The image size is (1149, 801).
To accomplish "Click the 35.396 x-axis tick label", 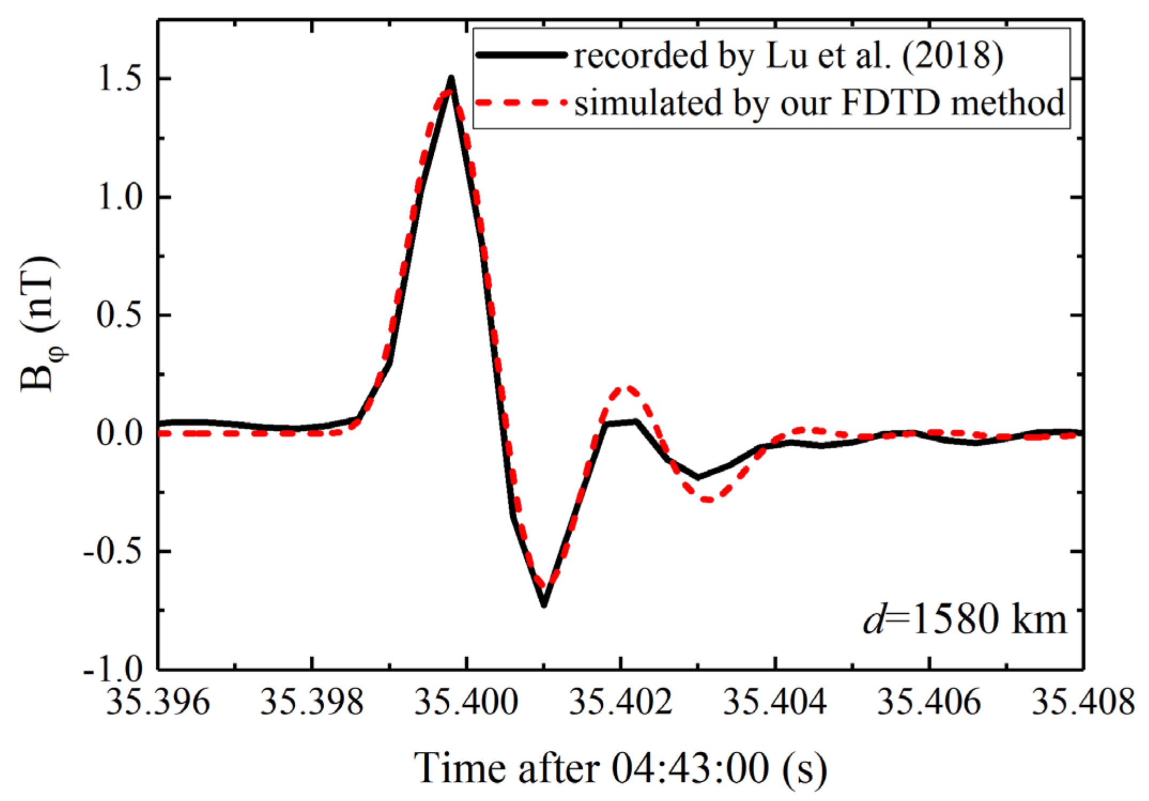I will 158,702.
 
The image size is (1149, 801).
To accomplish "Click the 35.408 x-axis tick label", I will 1083,702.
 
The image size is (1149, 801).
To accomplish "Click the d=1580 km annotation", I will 964,619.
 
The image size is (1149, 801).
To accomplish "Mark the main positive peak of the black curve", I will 451,79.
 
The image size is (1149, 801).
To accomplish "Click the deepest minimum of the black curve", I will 543,605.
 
